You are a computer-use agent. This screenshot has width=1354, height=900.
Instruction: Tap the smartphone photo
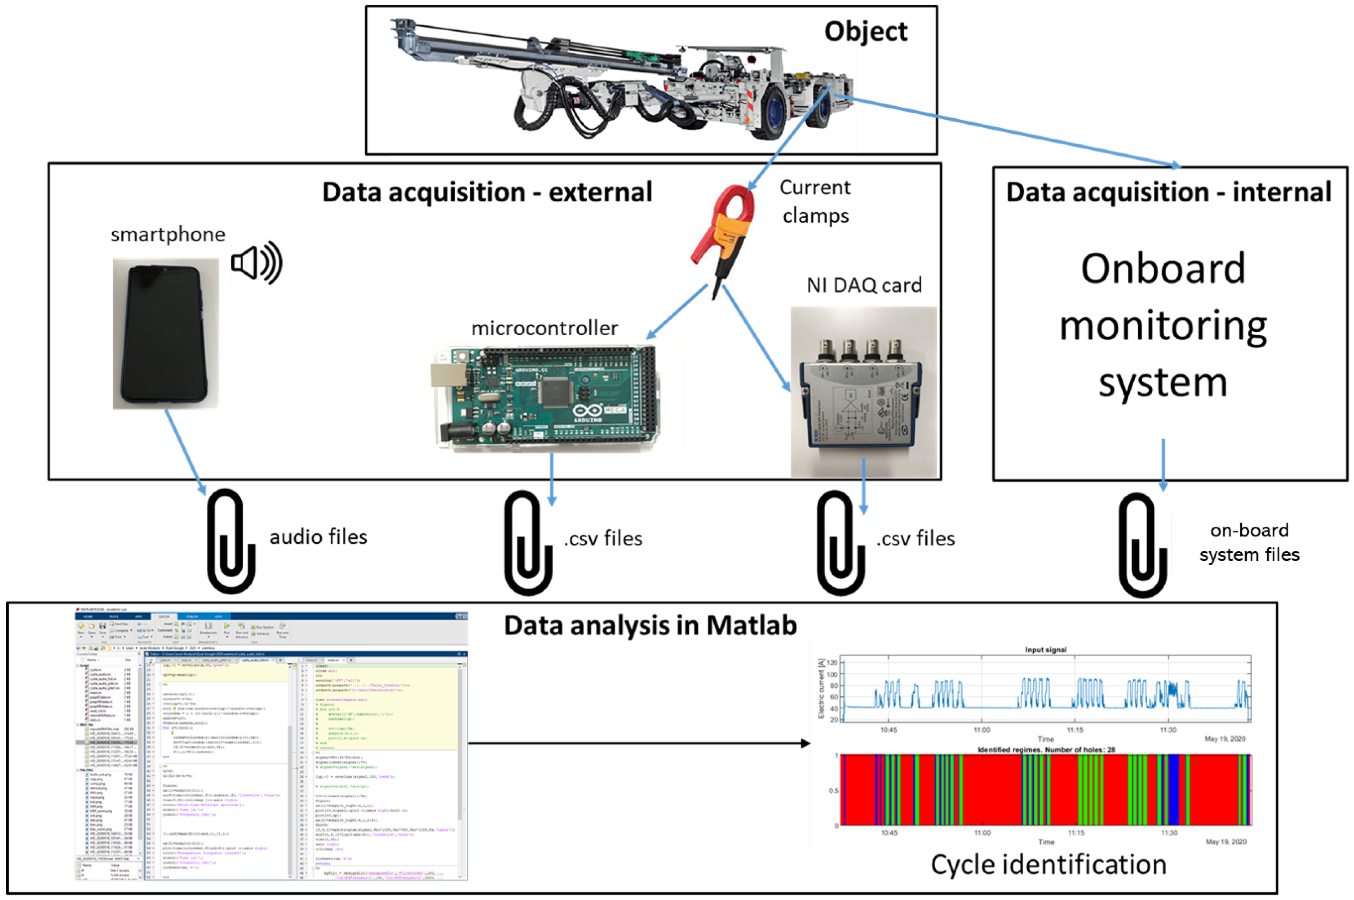165,334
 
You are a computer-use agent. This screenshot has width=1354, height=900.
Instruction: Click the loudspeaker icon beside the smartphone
256,263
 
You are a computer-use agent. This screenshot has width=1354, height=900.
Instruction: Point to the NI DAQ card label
864,285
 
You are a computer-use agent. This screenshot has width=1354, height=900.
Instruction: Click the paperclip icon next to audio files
231,541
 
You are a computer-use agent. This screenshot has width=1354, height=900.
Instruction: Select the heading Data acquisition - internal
1168,192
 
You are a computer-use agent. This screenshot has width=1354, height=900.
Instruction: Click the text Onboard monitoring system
1163,325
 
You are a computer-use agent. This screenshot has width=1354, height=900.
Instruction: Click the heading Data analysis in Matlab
650,626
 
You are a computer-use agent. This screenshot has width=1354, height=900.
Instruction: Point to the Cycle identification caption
1048,864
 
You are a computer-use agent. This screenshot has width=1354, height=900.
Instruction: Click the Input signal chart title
1045,650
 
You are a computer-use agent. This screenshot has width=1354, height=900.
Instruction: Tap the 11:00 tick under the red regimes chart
982,833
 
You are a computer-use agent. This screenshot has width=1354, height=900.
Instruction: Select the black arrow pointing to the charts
637,744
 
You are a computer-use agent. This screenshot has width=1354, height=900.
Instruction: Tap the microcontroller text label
544,328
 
